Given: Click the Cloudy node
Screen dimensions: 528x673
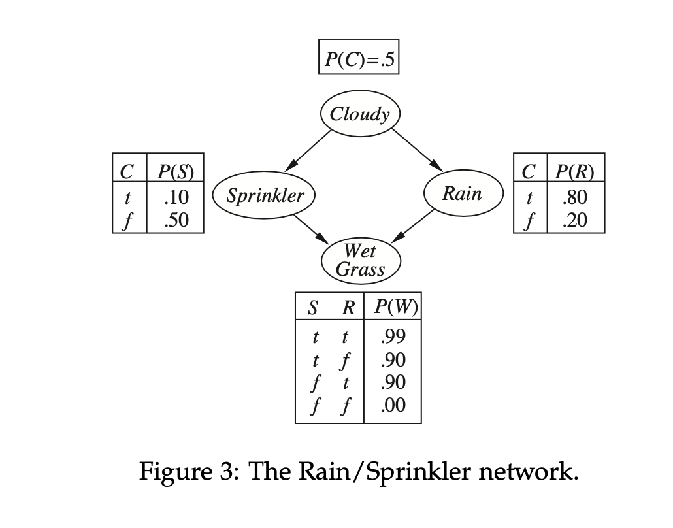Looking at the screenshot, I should click(359, 115).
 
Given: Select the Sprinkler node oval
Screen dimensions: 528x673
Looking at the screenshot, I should click(265, 195).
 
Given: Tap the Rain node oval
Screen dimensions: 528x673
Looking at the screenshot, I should click(463, 193).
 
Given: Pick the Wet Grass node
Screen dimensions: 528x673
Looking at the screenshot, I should click(359, 259).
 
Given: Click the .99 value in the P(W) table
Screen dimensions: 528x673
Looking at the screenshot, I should click(393, 337).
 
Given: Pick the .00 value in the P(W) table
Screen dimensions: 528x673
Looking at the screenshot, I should click(393, 406).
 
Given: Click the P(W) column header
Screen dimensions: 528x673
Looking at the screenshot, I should click(393, 306).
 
